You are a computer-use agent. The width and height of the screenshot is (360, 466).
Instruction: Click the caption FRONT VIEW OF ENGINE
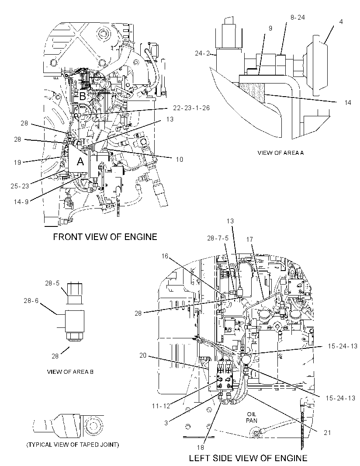click(105, 236)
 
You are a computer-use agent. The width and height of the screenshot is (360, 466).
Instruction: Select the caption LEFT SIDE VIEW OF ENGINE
click(248, 458)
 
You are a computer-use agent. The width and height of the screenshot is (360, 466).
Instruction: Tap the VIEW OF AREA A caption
click(280, 153)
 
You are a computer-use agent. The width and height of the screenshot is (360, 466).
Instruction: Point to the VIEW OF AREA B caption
click(70, 372)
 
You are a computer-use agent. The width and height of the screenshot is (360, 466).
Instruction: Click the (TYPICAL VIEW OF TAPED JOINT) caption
click(73, 445)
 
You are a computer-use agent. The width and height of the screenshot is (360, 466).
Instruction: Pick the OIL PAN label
click(252, 417)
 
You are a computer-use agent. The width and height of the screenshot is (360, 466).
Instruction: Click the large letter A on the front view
click(80, 161)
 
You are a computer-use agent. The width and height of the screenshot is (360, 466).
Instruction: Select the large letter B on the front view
click(82, 96)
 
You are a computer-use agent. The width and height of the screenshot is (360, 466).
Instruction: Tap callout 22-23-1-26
click(191, 108)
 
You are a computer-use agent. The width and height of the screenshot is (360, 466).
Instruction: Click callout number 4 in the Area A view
click(341, 22)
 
